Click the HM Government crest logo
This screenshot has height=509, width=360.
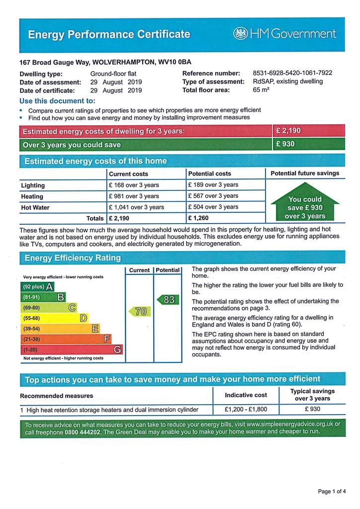coord(241,34)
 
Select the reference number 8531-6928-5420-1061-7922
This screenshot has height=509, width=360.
coord(292,73)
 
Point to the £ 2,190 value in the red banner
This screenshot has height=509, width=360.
coord(288,131)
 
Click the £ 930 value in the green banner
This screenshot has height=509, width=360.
coord(285,144)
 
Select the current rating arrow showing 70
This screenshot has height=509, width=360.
coord(140,311)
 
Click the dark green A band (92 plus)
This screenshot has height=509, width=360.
coord(37,287)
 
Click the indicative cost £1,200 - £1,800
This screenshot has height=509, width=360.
coord(246,410)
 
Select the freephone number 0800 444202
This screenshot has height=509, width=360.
coord(82,432)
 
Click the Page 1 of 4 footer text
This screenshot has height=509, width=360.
coord(332,492)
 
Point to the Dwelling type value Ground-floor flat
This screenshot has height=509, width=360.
coord(113,73)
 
